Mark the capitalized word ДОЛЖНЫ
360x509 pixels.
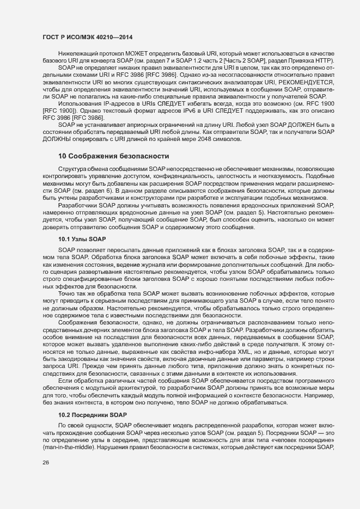(x=56, y=140)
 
